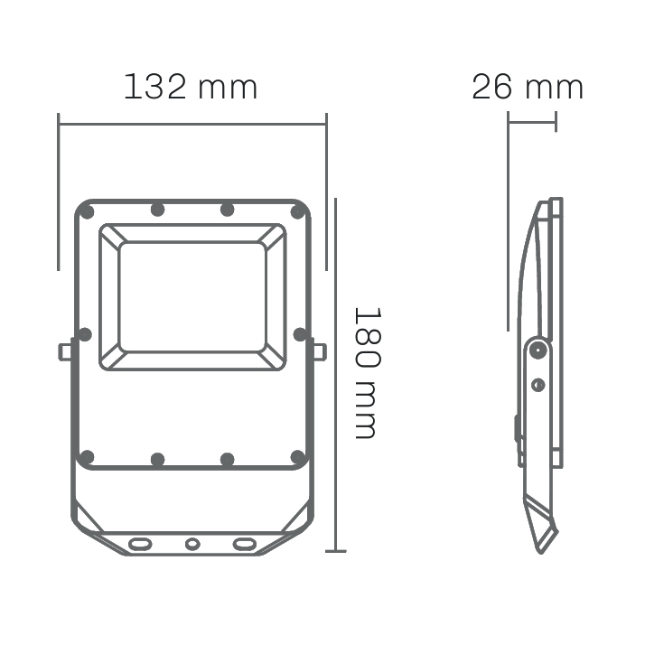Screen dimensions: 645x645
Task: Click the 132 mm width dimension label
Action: pos(191,87)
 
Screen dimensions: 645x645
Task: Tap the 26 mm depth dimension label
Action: pos(528,87)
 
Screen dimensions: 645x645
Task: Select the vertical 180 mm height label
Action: pos(368,373)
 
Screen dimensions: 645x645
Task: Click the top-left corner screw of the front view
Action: pos(87,212)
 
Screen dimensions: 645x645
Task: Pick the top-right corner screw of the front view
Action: pos(297,212)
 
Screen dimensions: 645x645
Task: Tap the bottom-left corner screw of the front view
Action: pos(87,457)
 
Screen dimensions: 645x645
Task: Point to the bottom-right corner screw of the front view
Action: pos(297,457)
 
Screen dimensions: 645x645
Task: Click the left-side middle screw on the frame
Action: pos(85,334)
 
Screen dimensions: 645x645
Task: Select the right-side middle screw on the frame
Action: pos(300,334)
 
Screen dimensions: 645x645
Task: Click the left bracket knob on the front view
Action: pos(64,352)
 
